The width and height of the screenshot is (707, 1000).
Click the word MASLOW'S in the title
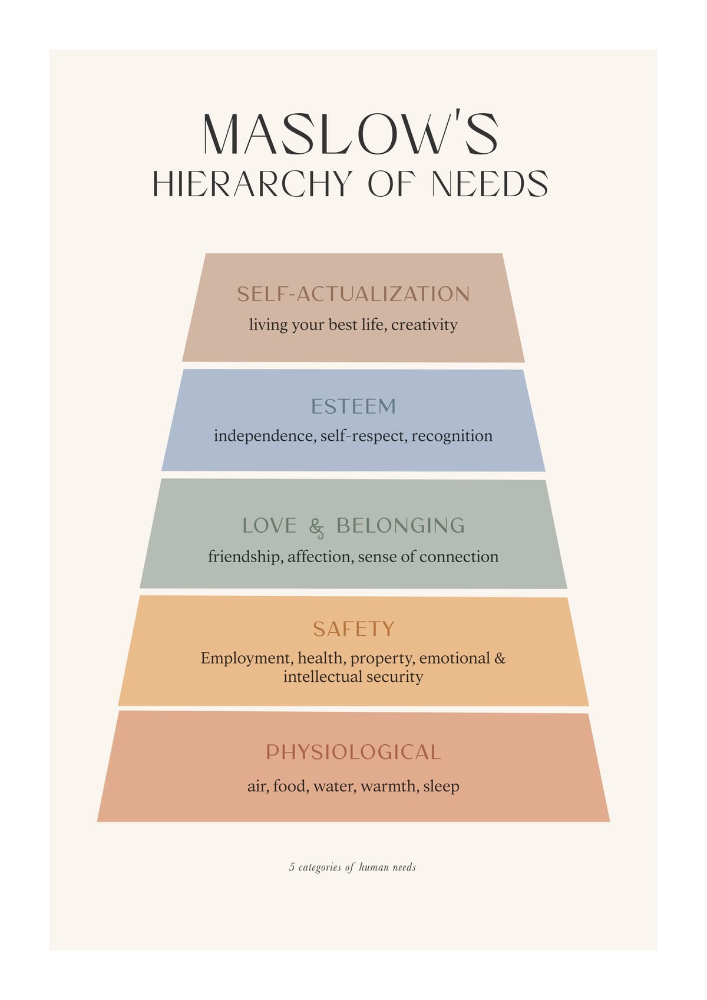tap(351, 134)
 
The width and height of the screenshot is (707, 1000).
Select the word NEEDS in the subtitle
tap(490, 183)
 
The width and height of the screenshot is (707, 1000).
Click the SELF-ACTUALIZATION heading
tap(353, 293)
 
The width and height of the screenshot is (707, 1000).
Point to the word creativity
tap(424, 325)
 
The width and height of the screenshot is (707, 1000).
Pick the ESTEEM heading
tap(353, 406)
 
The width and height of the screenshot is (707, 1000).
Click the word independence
tap(265, 435)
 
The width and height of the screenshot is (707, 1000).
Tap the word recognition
tap(452, 436)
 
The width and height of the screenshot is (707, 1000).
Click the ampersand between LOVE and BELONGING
tap(316, 528)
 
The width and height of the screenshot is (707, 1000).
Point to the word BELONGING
tap(401, 526)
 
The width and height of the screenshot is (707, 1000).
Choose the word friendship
tap(245, 557)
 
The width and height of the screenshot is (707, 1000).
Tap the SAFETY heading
tap(353, 629)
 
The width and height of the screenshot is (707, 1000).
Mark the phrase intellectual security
tap(353, 677)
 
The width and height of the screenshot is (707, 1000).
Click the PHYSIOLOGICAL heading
tap(353, 753)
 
